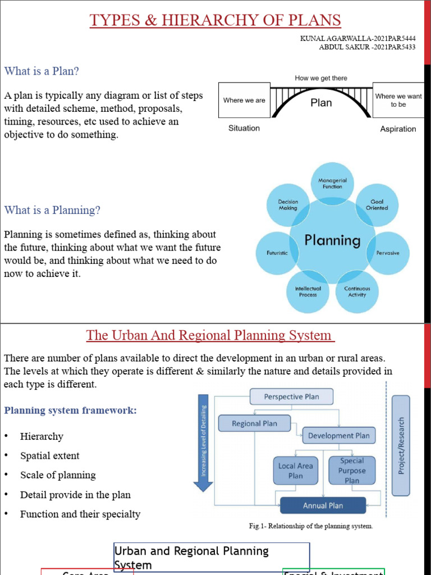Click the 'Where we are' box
click(244, 101)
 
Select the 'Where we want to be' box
click(398, 101)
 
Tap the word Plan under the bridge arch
click(321, 103)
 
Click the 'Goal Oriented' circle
click(377, 205)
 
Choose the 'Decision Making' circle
click(288, 205)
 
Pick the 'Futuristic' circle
click(277, 253)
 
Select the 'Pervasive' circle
click(387, 253)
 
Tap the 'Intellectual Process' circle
click(308, 291)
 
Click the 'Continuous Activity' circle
click(357, 291)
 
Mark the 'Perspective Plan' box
click(291, 396)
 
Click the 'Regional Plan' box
click(255, 423)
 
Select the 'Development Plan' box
click(339, 435)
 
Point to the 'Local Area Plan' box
click(295, 471)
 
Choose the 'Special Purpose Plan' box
click(352, 471)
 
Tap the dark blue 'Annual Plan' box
click(323, 505)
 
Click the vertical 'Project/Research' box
click(401, 445)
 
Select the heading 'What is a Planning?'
click(52, 210)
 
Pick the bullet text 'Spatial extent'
click(50, 456)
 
